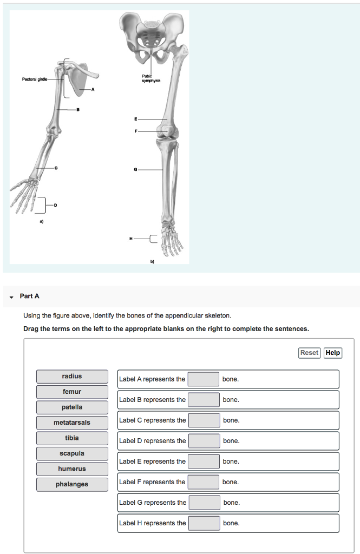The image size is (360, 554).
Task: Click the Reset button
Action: tap(309, 353)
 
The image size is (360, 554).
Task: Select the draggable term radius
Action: tap(72, 377)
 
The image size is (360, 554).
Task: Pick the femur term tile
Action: tap(72, 392)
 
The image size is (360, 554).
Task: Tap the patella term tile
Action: tap(72, 407)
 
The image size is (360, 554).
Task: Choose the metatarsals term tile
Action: tap(72, 423)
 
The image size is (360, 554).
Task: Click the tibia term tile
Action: tap(72, 438)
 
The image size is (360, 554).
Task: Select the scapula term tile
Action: tap(72, 453)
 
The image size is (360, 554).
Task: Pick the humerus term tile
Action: tap(72, 469)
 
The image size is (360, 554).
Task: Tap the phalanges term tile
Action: tap(72, 484)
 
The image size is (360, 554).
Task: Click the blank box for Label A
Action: tap(204, 379)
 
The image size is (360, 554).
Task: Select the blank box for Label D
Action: tap(204, 441)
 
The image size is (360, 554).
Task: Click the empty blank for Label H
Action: tap(204, 523)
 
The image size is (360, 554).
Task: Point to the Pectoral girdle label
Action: tap(34, 80)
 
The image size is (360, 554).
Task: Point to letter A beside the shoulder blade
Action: tap(93, 89)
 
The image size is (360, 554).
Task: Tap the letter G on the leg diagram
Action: tap(135, 170)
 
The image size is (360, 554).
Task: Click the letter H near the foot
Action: tap(130, 238)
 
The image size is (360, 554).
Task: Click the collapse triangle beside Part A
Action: tap(11, 296)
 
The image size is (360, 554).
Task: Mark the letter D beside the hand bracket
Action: tap(55, 205)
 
